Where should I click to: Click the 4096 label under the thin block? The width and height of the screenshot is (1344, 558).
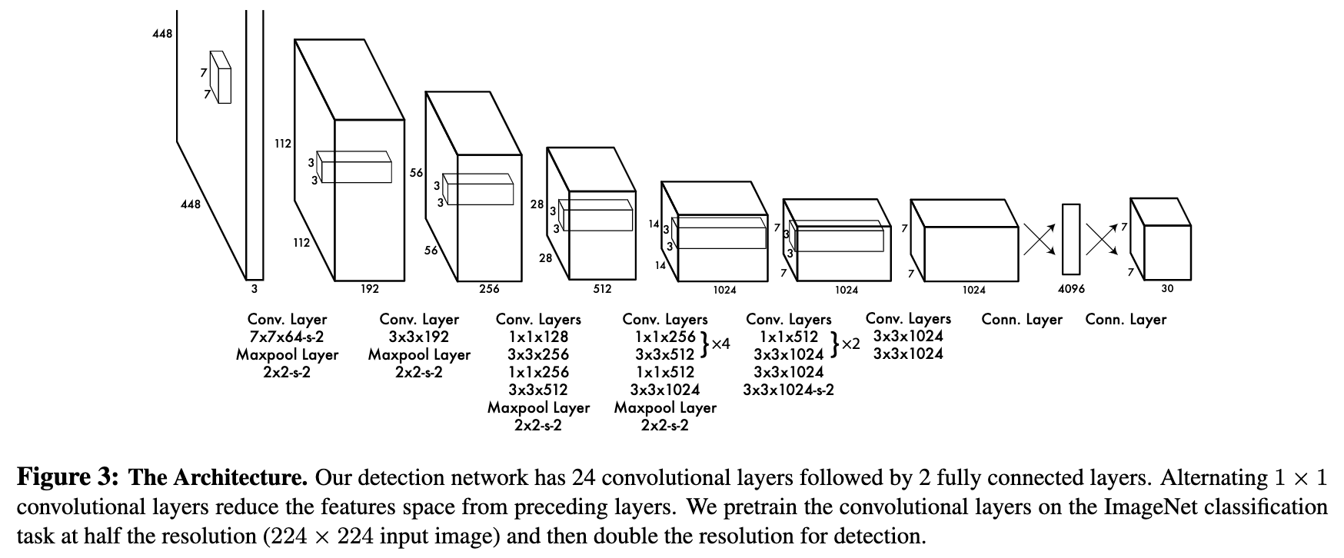[x=1071, y=289]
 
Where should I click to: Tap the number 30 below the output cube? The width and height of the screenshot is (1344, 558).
[x=1167, y=289]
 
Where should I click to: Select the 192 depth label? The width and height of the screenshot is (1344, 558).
[x=370, y=289]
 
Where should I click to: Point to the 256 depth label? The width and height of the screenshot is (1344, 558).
[x=489, y=289]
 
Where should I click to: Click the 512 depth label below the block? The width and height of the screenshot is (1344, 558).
[x=602, y=289]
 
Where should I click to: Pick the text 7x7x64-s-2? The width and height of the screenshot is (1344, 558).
[x=287, y=337]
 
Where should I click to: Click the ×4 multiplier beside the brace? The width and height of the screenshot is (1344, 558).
[x=720, y=344]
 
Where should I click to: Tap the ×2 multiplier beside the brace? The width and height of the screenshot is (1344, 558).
[x=850, y=344]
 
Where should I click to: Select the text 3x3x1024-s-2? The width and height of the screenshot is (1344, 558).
[x=789, y=390]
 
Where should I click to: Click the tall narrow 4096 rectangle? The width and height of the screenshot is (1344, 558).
[x=1071, y=239]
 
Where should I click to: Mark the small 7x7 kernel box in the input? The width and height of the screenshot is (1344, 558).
[x=221, y=77]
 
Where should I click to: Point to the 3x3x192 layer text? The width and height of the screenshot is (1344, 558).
[x=420, y=337]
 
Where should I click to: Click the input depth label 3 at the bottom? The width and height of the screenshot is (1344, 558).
[x=254, y=290]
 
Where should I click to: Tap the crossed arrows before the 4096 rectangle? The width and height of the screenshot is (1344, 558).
[x=1040, y=239]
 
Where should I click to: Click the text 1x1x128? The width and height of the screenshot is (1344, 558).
[x=538, y=337]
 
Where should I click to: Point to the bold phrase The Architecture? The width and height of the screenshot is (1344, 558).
[x=218, y=479]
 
